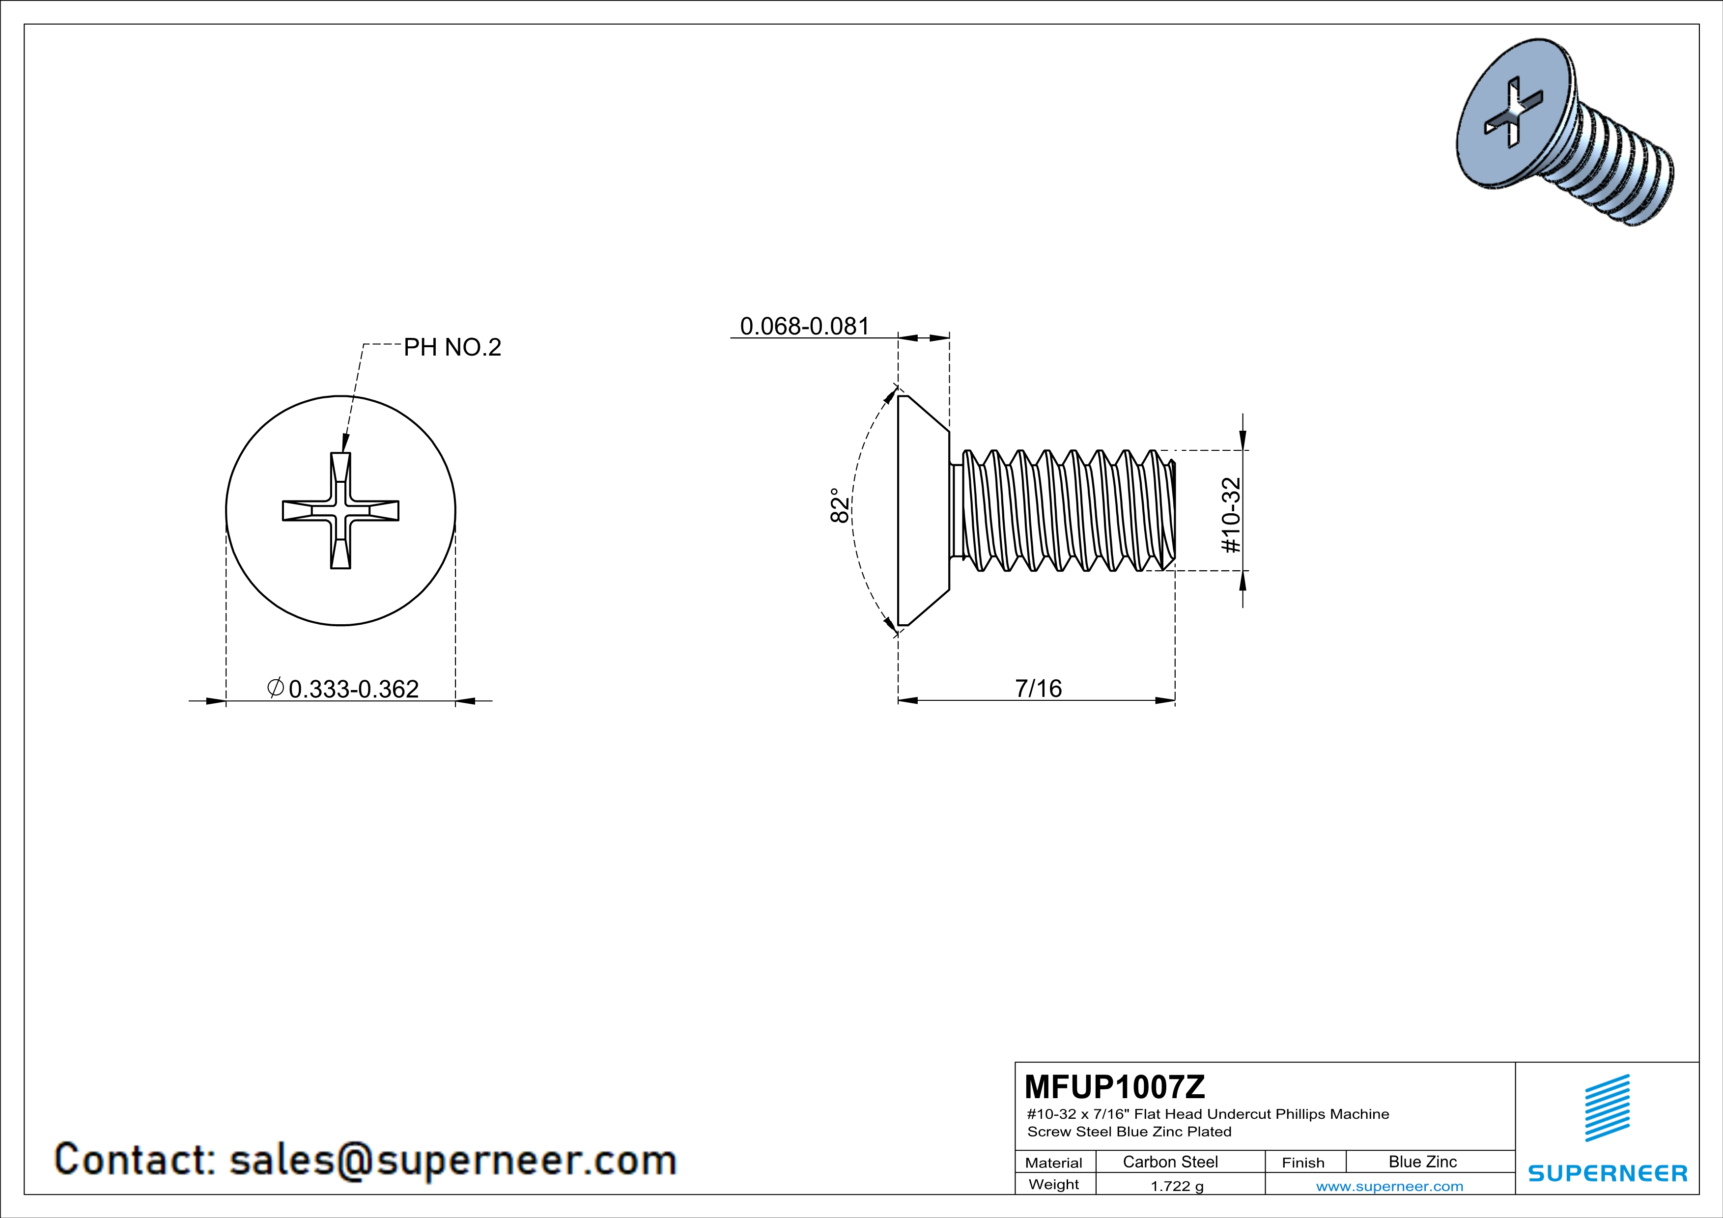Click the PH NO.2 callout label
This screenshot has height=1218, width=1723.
[x=452, y=347]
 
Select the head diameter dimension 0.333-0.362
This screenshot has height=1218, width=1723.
[x=353, y=689]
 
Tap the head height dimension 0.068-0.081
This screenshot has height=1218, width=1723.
[x=804, y=326]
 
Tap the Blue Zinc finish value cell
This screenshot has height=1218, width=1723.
[x=1423, y=1162]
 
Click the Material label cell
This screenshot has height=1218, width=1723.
[x=1054, y=1163]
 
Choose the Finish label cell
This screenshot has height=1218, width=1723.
[x=1303, y=1163]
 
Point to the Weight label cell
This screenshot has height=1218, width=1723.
[x=1054, y=1184]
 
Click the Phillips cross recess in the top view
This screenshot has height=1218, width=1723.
[x=340, y=510]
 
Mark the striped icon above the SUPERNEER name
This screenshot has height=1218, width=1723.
[x=1608, y=1108]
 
